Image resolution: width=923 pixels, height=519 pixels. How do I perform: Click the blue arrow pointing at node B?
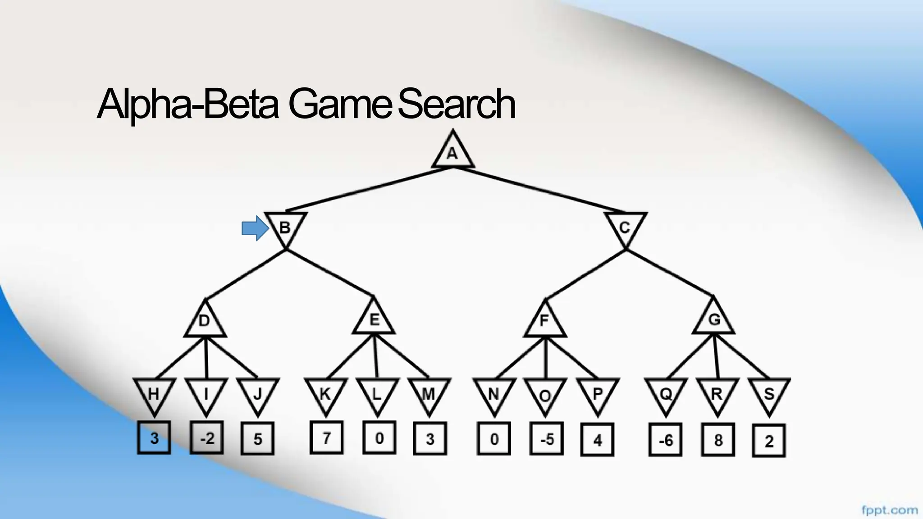(255, 228)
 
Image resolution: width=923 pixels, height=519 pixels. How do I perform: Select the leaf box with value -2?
(206, 437)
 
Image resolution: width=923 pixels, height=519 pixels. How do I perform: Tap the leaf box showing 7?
(326, 437)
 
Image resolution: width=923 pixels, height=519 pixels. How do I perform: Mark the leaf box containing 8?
(718, 440)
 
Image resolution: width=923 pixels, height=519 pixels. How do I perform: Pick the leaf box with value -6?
(665, 440)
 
